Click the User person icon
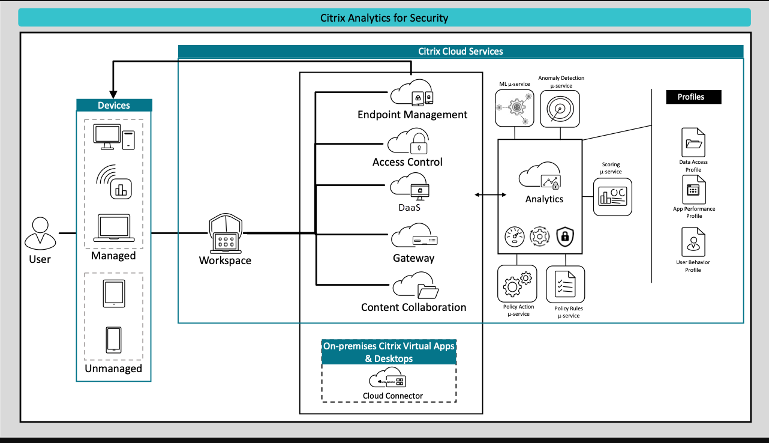pos(40,234)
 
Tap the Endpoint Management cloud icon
pos(412,94)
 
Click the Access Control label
pos(407,162)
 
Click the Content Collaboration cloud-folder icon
pos(416,286)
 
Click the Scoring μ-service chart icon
pos(612,197)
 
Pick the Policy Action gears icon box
pos(517,285)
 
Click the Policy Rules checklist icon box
pos(565,285)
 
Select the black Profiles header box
pos(693,97)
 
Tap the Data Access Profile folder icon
pos(693,143)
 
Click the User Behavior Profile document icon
pos(693,243)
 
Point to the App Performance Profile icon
pos(693,190)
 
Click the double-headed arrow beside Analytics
pos(489,195)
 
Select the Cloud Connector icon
pos(389,379)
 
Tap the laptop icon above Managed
pos(114,228)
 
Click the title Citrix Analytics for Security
pos(384,18)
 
